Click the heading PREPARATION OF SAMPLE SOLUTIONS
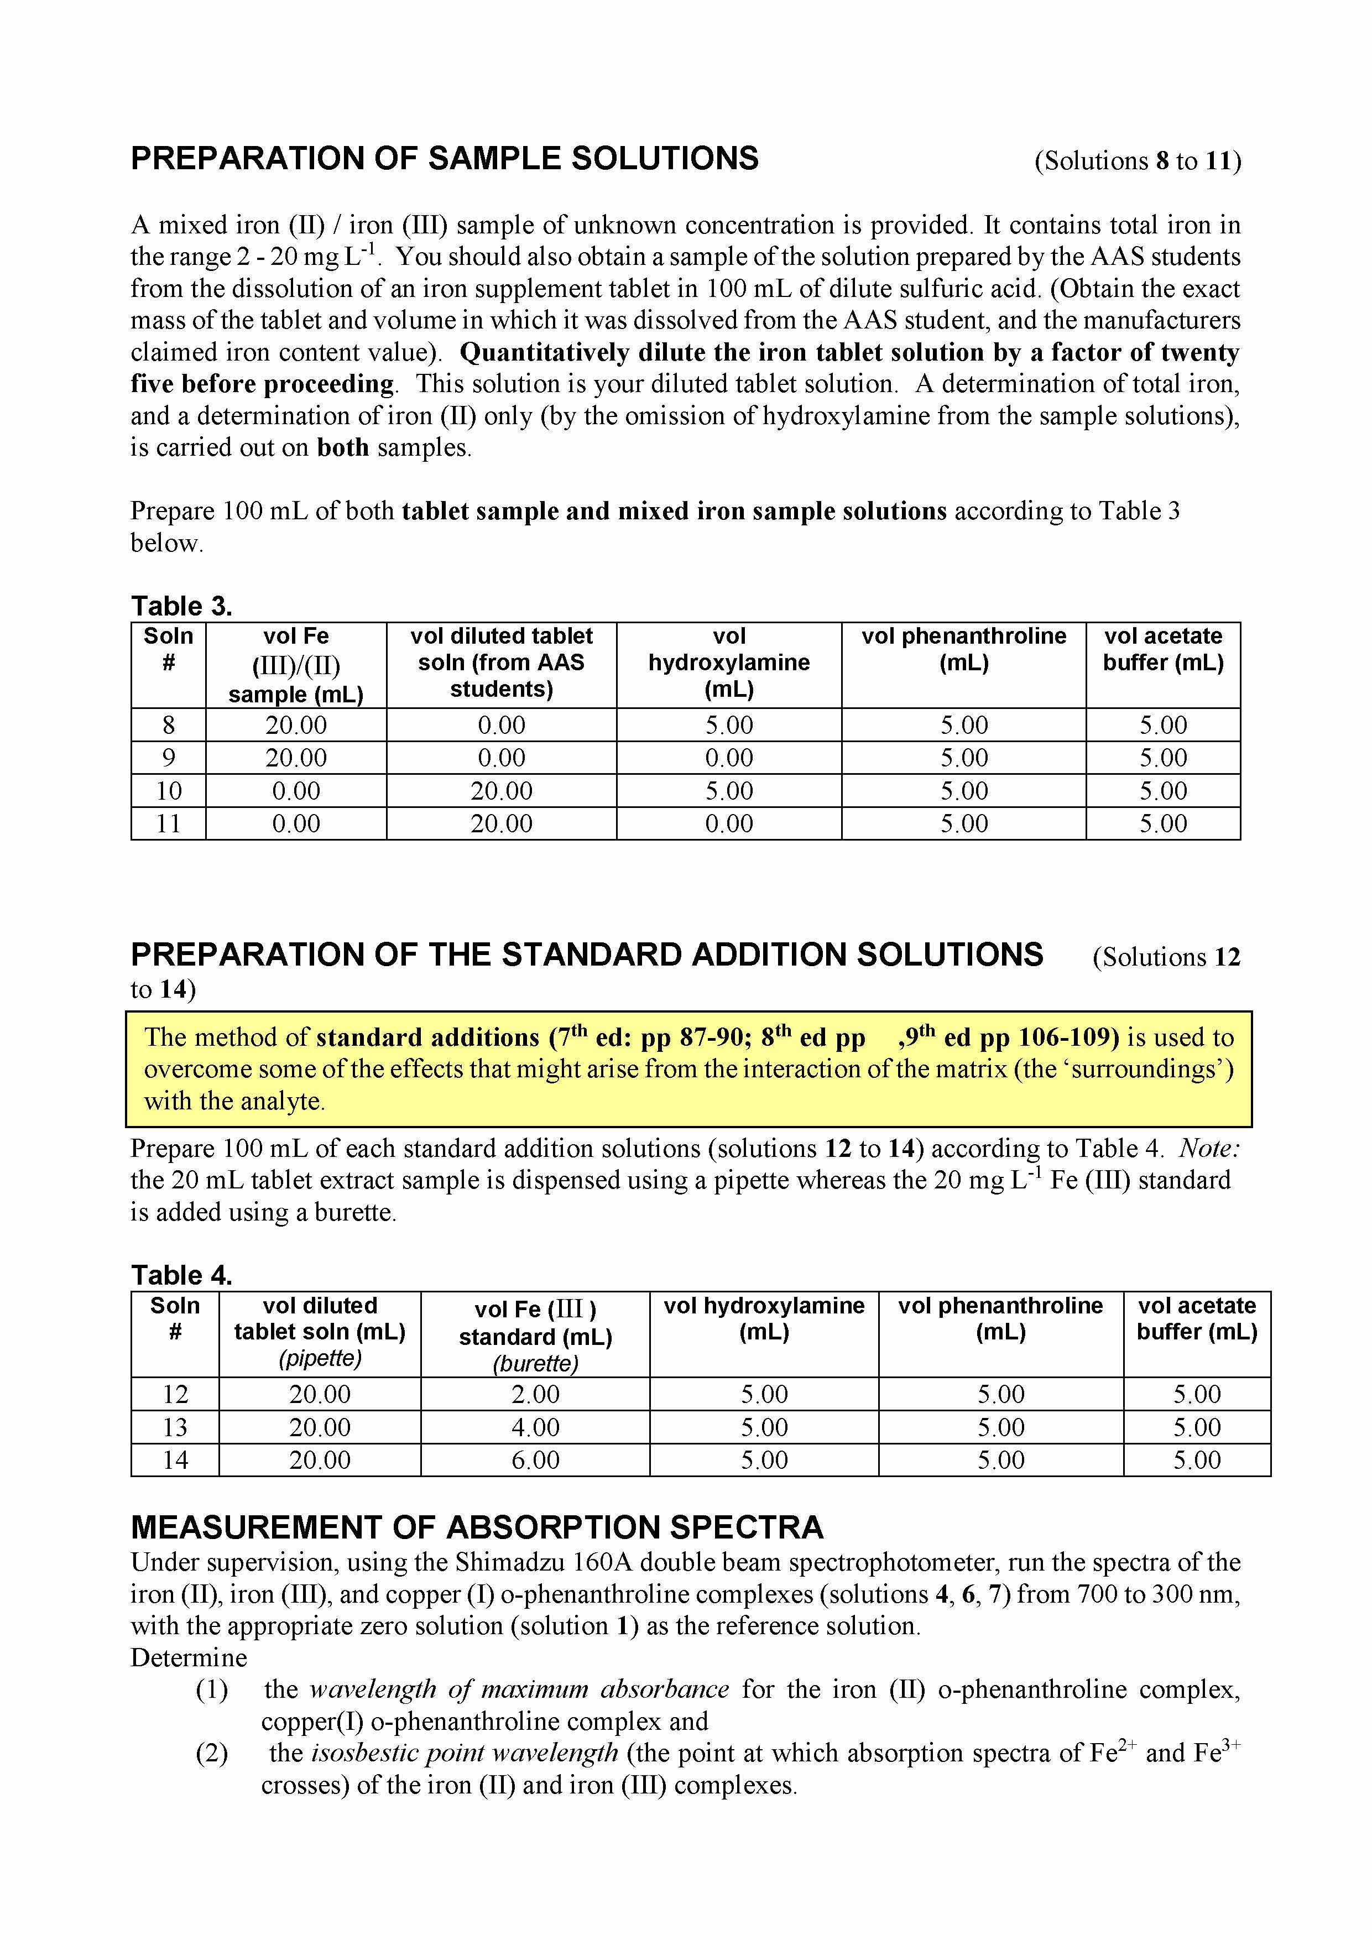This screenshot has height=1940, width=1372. pos(445,159)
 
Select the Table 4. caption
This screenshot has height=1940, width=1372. pos(181,1275)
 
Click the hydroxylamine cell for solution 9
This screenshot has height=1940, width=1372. pos(728,758)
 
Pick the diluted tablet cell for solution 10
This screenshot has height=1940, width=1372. pos(501,791)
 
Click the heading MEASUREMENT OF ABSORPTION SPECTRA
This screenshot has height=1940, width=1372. pos(477,1527)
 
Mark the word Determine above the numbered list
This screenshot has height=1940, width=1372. pos(189,1658)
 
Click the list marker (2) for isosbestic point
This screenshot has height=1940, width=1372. pos(212,1754)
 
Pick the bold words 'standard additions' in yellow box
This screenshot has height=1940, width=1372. pos(427,1037)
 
